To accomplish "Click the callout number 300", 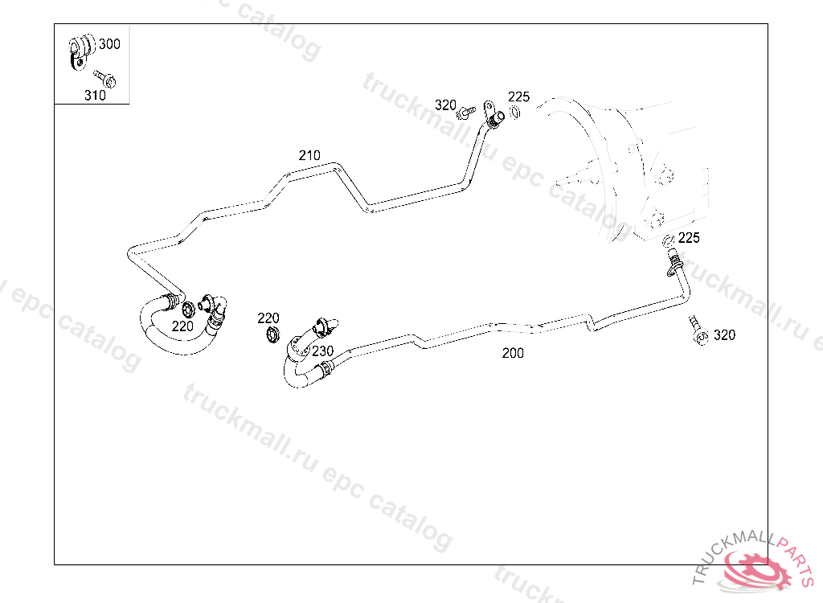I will [109, 44].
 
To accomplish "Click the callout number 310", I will [95, 95].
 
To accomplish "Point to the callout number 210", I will [309, 155].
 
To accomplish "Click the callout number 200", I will [513, 353].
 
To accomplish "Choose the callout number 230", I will [323, 351].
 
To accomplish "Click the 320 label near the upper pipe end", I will [445, 105].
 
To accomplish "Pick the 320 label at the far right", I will [724, 335].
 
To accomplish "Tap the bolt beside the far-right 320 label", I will [696, 330].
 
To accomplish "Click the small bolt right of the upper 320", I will [464, 113].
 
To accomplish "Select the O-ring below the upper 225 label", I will [515, 112].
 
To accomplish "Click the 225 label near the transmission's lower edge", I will [689, 238].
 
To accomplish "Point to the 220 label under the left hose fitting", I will [182, 326].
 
